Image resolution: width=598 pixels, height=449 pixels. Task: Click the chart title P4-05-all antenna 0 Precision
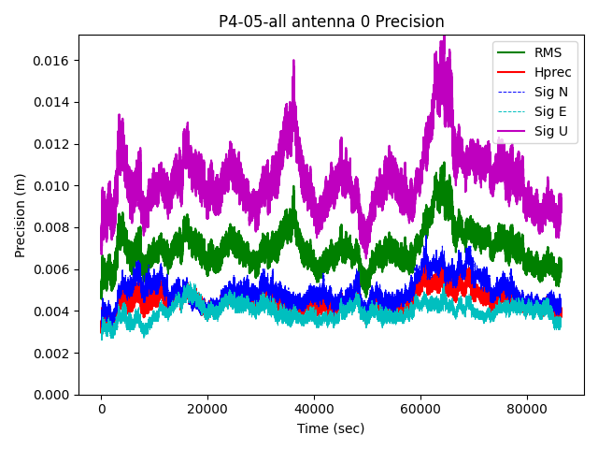point(331,22)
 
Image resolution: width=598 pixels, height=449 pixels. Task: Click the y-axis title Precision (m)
point(21,215)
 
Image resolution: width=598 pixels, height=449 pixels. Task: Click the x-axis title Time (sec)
point(331,428)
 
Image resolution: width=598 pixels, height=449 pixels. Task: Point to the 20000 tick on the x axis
point(207,409)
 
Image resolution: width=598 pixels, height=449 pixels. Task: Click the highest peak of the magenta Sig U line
point(444,37)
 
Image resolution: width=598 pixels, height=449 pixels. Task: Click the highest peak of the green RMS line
point(442,164)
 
